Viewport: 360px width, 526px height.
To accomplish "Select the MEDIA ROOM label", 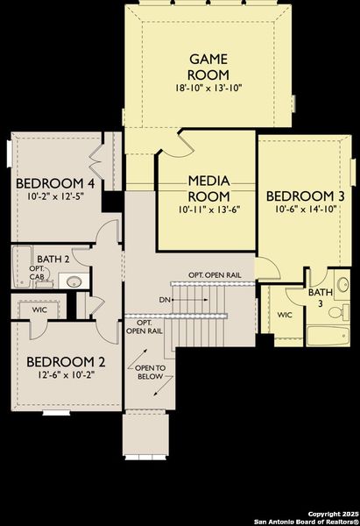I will (209, 188).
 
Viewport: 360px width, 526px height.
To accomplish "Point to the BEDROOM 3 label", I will (300, 195).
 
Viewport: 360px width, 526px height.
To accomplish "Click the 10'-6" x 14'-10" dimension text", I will (300, 210).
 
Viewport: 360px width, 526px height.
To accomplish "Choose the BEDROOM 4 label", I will (55, 183).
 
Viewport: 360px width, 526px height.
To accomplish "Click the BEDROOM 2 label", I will (66, 361).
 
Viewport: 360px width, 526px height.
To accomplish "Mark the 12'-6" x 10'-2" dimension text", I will (66, 375).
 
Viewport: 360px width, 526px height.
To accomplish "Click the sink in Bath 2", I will (74, 282).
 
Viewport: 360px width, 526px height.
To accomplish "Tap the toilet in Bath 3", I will (344, 311).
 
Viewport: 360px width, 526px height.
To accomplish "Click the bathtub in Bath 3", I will (328, 338).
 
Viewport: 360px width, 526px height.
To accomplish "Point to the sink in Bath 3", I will (342, 284).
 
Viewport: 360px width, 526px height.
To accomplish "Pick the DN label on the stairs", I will (165, 299).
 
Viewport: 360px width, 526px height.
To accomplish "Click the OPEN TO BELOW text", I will (149, 376).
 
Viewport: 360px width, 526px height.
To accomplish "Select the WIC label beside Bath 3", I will (285, 315).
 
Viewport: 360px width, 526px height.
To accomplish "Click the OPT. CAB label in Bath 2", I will (36, 274).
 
